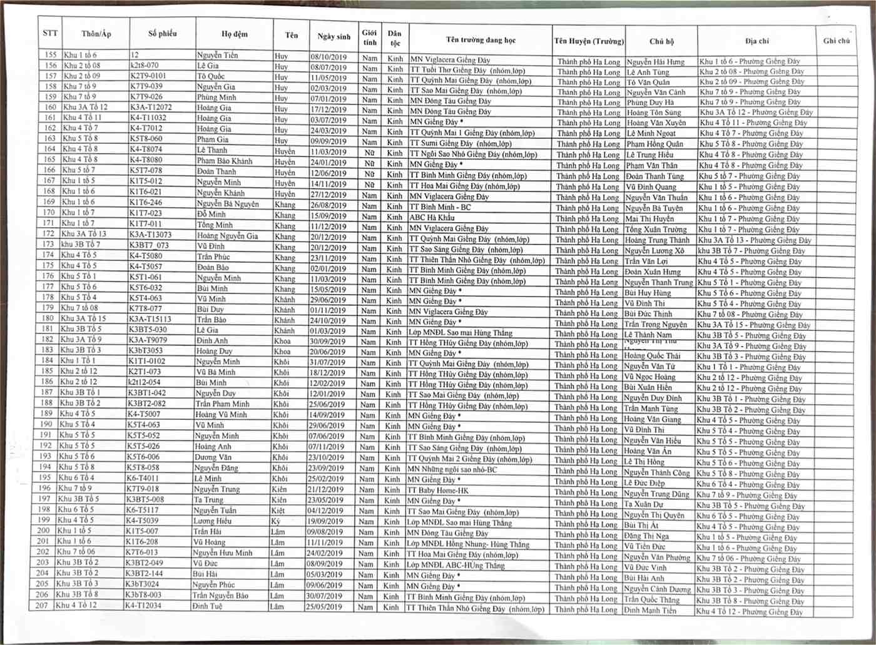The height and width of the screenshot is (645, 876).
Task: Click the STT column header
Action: point(50,33)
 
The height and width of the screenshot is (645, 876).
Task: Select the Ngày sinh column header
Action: point(334,36)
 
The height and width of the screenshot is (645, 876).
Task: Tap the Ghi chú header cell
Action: point(836,41)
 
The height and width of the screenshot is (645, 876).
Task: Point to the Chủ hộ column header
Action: point(661,42)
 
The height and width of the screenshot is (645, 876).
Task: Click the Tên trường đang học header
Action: point(481,40)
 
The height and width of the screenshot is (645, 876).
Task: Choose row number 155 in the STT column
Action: point(51,55)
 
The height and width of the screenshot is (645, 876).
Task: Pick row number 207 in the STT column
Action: point(42,605)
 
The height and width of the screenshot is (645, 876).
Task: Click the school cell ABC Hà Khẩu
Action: point(432,218)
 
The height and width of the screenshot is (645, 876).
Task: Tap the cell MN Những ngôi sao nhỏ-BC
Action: point(452,469)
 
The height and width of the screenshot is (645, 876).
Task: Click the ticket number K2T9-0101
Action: point(148,76)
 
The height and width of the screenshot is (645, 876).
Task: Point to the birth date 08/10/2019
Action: point(329,57)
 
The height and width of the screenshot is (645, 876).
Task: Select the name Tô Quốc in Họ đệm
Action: point(211,76)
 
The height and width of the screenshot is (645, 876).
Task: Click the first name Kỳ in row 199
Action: point(275,521)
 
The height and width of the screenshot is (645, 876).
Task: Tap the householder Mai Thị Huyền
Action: point(649,219)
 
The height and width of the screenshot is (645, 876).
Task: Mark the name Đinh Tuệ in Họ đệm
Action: point(208,606)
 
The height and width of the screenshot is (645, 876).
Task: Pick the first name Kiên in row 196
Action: point(279,489)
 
